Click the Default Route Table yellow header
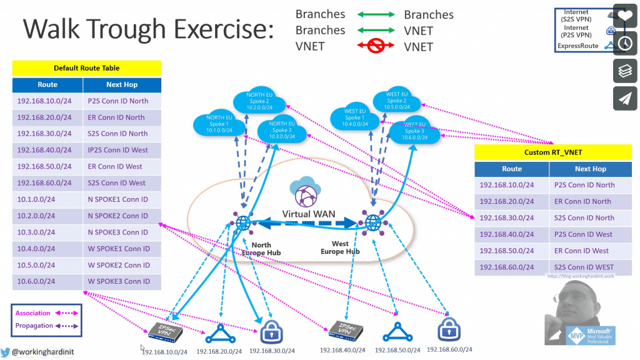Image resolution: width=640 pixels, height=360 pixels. [86, 68]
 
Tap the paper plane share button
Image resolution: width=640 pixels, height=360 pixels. [625, 98]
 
